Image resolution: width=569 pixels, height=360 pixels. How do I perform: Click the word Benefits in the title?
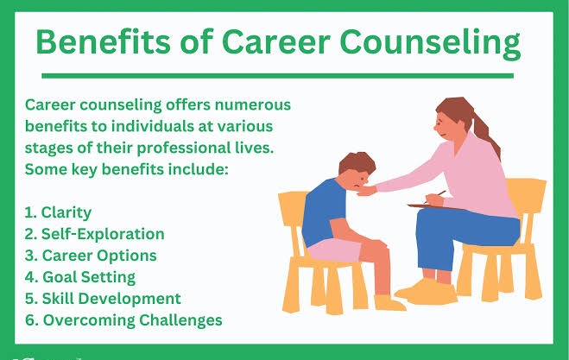coord(103,41)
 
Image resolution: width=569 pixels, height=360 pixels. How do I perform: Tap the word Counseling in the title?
coord(430,43)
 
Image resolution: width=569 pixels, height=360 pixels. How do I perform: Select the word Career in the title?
coord(275,41)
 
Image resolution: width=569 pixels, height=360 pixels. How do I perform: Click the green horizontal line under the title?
coord(278,76)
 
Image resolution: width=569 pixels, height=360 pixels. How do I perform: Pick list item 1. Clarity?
coord(58,212)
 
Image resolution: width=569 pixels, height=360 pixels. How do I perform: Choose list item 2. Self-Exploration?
coord(94,234)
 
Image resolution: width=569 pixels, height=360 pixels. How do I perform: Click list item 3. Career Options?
coord(91,256)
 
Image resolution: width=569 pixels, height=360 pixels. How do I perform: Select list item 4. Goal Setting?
coord(79,277)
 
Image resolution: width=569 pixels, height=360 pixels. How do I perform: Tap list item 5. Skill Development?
coord(103,299)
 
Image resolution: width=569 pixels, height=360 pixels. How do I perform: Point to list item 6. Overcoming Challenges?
coord(123,320)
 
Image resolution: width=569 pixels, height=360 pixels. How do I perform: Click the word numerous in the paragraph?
coord(253,104)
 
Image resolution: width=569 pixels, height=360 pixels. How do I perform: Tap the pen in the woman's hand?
coord(436,196)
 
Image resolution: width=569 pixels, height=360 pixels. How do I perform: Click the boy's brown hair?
coord(357,163)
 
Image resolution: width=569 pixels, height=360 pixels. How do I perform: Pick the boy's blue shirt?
coord(323,212)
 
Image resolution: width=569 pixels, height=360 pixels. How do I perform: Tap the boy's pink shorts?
coord(334,249)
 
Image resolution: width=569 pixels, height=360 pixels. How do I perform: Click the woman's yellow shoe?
coord(428,292)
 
